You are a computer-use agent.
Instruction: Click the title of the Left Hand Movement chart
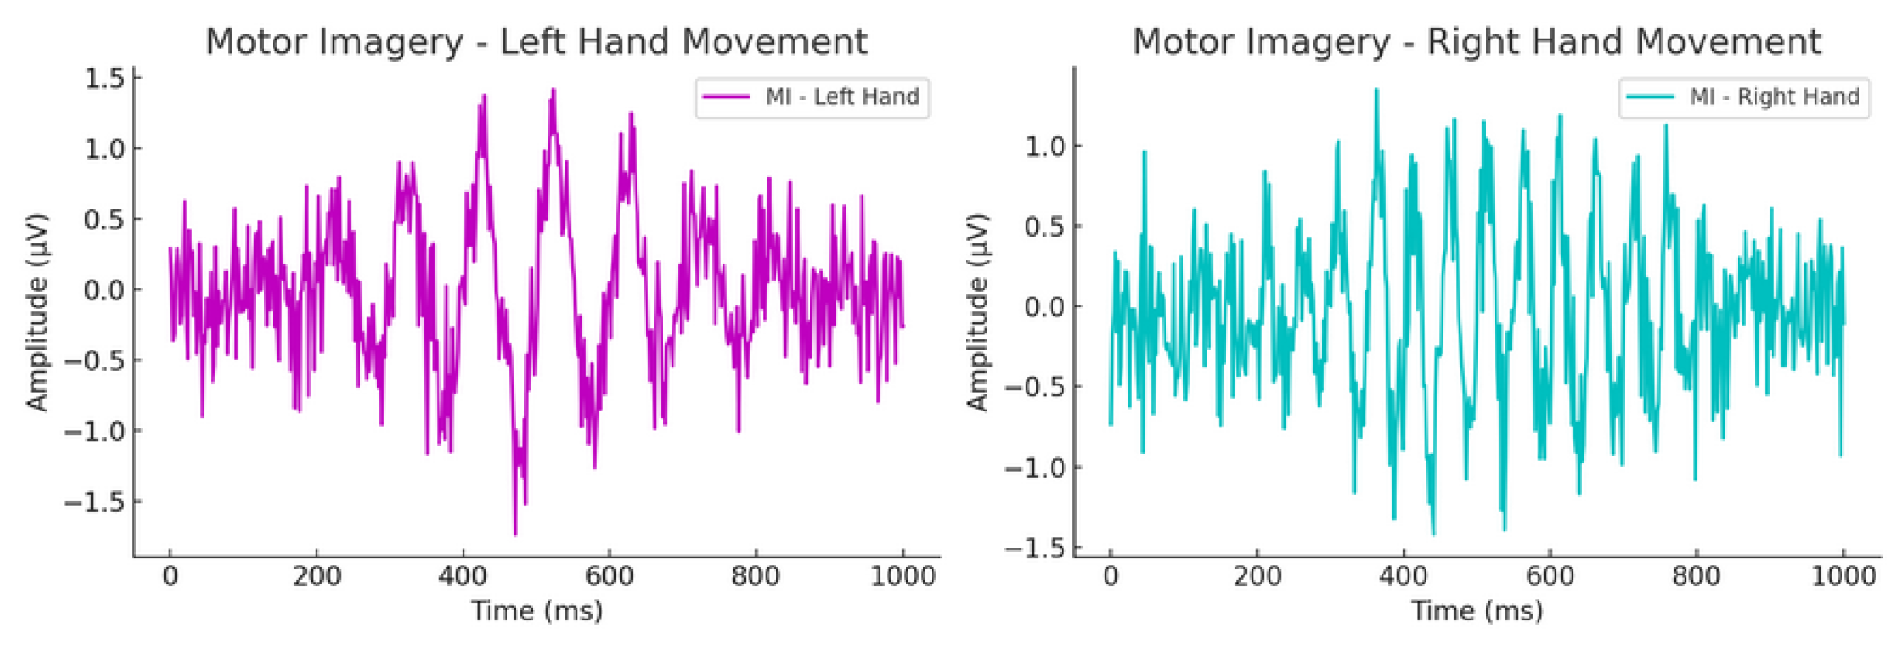point(536,41)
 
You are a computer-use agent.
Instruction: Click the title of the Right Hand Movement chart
point(1476,41)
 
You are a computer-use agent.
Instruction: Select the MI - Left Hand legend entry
point(842,97)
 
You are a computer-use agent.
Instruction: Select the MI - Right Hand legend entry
point(1774,97)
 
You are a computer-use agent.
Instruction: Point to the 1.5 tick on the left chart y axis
point(105,79)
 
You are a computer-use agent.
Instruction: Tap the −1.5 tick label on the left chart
point(94,502)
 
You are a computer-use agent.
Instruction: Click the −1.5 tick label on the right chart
point(1035,548)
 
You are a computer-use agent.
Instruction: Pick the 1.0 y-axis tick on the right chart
point(1045,146)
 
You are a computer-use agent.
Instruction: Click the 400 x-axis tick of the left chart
point(463,575)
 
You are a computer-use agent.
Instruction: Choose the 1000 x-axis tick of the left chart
point(903,575)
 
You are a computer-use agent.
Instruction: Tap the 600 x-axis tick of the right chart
point(1549,575)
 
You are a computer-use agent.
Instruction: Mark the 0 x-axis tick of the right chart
point(1110,575)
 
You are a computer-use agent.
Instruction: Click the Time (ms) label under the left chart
point(536,611)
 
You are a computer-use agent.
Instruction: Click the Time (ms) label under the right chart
point(1477,611)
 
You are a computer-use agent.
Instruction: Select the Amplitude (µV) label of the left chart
point(37,312)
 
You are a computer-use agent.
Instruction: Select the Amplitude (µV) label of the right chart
point(977,312)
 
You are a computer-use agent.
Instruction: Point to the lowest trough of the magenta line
point(516,534)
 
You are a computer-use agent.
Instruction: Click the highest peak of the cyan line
point(1376,89)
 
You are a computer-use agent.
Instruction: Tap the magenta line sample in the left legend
point(726,97)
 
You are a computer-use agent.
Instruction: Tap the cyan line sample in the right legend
point(1651,97)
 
